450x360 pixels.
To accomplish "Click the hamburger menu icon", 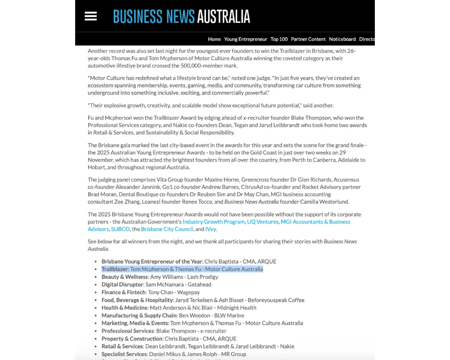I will pyautogui.click(x=90, y=16).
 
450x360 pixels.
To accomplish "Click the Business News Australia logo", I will pyautogui.click(x=181, y=17).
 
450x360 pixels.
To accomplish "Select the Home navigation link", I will pyautogui.click(x=214, y=39).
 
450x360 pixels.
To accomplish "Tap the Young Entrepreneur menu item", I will pyautogui.click(x=246, y=39).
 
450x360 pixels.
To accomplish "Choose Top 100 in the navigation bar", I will pyautogui.click(x=279, y=39).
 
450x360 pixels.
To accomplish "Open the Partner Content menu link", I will pyautogui.click(x=308, y=39).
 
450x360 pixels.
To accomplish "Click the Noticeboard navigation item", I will pyautogui.click(x=342, y=39).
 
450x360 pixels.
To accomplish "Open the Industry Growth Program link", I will pyautogui.click(x=214, y=222).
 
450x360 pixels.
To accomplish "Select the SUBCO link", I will pyautogui.click(x=120, y=229).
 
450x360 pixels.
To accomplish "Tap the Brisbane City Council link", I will pyautogui.click(x=167, y=229).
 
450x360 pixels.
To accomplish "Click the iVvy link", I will pyautogui.click(x=211, y=229).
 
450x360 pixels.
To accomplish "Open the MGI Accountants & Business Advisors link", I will pyautogui.click(x=315, y=222).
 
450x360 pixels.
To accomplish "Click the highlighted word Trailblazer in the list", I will pyautogui.click(x=115, y=269).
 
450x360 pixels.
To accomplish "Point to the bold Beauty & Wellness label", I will pyautogui.click(x=125, y=277).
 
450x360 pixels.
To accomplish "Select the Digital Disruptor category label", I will pyautogui.click(x=122, y=284).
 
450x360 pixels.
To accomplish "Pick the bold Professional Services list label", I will pyautogui.click(x=128, y=331).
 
